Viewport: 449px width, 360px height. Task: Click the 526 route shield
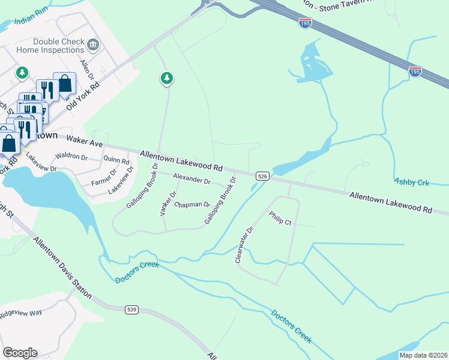click(262, 176)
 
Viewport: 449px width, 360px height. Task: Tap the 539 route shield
click(133, 310)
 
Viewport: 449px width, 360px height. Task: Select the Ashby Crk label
click(412, 181)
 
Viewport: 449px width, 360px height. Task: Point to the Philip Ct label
click(280, 218)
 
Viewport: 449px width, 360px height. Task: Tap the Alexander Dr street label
click(191, 179)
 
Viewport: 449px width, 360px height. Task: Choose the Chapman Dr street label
click(192, 205)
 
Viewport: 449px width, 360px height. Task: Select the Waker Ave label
click(85, 141)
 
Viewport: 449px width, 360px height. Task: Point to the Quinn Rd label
click(116, 161)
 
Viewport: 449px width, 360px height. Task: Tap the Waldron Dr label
click(71, 158)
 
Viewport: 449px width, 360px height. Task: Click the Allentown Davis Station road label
click(62, 268)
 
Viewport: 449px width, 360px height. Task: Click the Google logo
click(20, 352)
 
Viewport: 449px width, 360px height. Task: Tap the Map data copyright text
click(423, 355)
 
